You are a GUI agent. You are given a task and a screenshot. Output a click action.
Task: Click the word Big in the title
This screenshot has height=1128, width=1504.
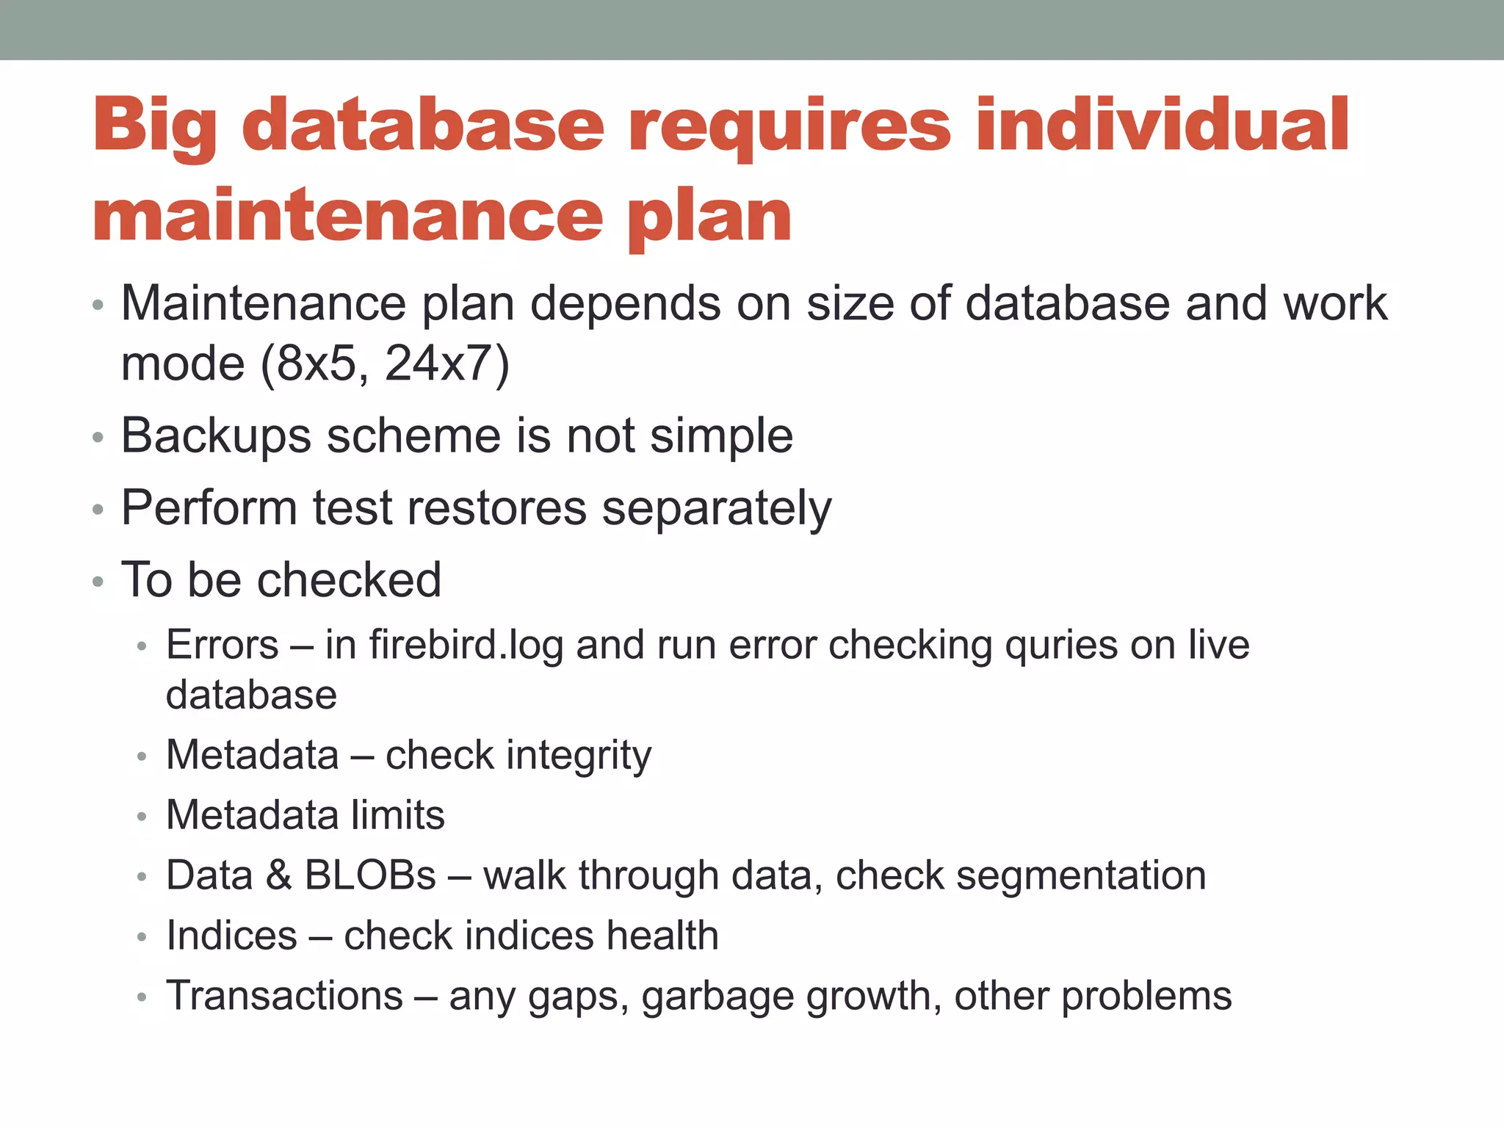click(155, 126)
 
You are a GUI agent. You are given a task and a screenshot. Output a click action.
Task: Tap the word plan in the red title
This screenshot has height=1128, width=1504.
click(709, 217)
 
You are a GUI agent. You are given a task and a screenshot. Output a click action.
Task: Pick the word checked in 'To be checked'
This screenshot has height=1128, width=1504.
click(350, 580)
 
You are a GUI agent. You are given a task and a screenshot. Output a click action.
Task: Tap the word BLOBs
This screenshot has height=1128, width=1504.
click(370, 875)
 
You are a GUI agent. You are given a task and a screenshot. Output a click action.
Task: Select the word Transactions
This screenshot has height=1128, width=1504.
click(285, 996)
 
